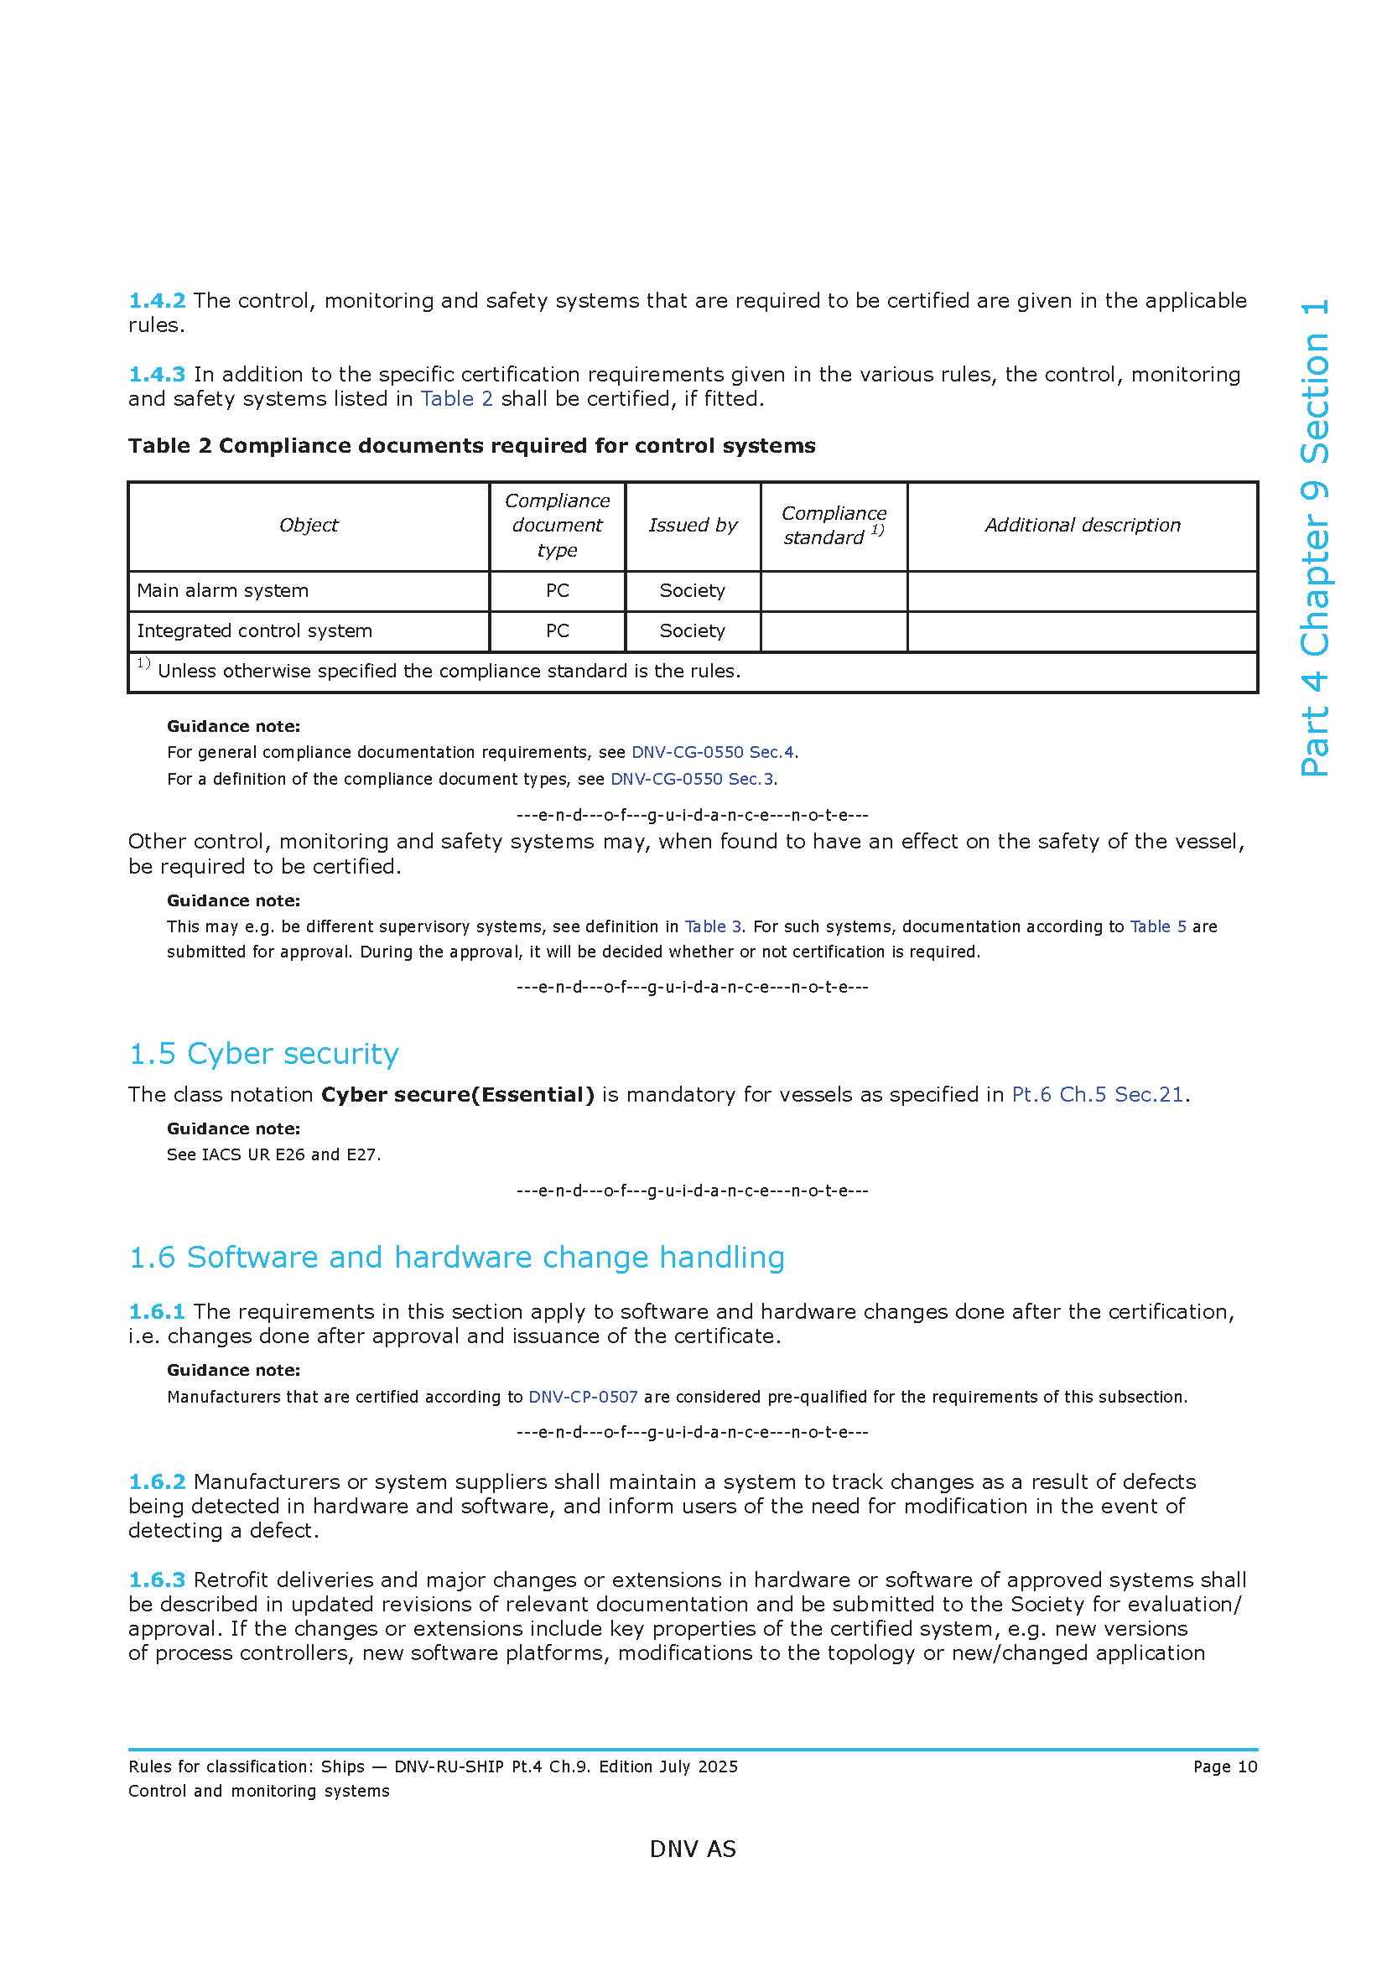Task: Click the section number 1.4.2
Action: [156, 301]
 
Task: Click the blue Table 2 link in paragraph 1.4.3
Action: [456, 399]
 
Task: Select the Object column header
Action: [309, 526]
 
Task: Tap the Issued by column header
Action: [692, 526]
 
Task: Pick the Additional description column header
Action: [1082, 526]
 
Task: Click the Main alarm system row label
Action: [223, 591]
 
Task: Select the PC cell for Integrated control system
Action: [557, 631]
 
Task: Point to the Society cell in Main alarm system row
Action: [692, 591]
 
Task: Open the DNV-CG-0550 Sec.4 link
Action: [712, 752]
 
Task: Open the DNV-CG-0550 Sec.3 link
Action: [692, 779]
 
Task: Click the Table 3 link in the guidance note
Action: [712, 926]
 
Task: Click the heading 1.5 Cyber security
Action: [263, 1054]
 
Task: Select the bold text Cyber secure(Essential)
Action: [457, 1095]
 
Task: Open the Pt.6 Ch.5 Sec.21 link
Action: [1098, 1095]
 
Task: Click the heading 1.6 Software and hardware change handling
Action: [456, 1258]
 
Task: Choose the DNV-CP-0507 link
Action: [583, 1398]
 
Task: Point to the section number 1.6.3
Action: [156, 1580]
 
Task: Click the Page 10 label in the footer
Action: [1224, 1767]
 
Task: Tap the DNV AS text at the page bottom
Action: [693, 1849]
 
